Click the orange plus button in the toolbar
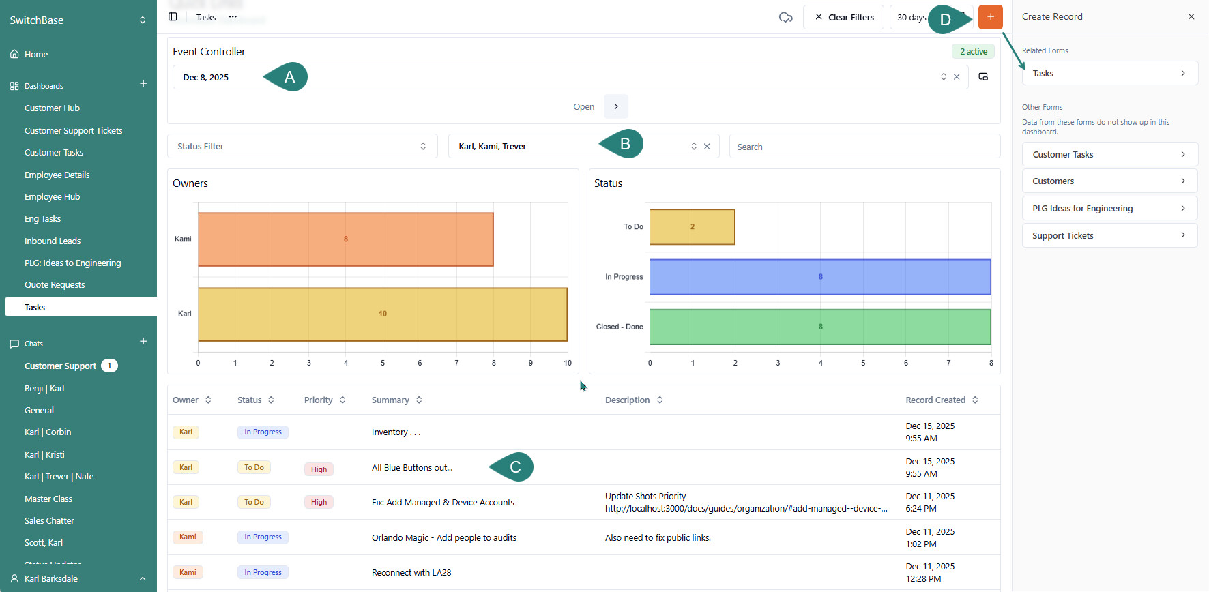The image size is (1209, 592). coord(990,17)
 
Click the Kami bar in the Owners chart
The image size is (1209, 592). coord(345,239)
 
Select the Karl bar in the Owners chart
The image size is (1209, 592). coord(382,314)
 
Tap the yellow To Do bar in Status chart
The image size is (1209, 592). coord(692,227)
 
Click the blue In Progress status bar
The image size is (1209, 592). coord(820,277)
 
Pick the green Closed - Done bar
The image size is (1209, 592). coord(820,327)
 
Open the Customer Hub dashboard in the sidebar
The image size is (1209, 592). coord(52,108)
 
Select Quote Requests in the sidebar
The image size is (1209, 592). coord(55,285)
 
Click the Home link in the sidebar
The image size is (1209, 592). coord(36,55)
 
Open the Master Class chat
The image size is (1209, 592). coord(48,499)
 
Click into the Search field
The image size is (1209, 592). coord(864,147)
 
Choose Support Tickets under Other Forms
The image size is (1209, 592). coord(1109,236)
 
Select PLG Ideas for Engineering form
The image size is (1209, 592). coord(1109,209)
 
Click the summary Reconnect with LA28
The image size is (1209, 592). coord(411,573)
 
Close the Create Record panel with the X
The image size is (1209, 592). coord(1191,17)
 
